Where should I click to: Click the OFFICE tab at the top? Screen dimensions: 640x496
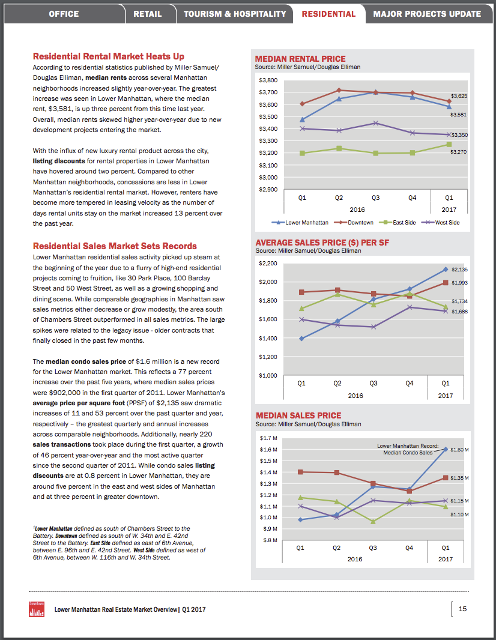click(x=64, y=13)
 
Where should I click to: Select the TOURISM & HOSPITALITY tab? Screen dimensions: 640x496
click(x=235, y=13)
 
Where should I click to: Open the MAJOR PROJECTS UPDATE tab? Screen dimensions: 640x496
click(x=427, y=13)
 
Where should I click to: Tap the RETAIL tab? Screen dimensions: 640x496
click(x=148, y=13)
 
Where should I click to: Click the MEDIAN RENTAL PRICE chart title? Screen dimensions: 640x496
click(x=300, y=59)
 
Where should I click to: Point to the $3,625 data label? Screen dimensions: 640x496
click(x=459, y=96)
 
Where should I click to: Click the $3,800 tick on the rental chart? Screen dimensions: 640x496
click(x=268, y=80)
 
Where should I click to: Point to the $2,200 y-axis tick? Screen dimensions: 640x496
click(x=268, y=264)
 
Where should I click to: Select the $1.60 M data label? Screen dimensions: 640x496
click(x=459, y=450)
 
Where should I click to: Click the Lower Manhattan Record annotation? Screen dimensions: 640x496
click(x=408, y=449)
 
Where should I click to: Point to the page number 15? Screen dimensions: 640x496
click(x=462, y=609)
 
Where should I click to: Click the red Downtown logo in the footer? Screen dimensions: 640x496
click(x=37, y=609)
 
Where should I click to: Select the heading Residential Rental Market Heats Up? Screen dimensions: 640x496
click(x=108, y=56)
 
